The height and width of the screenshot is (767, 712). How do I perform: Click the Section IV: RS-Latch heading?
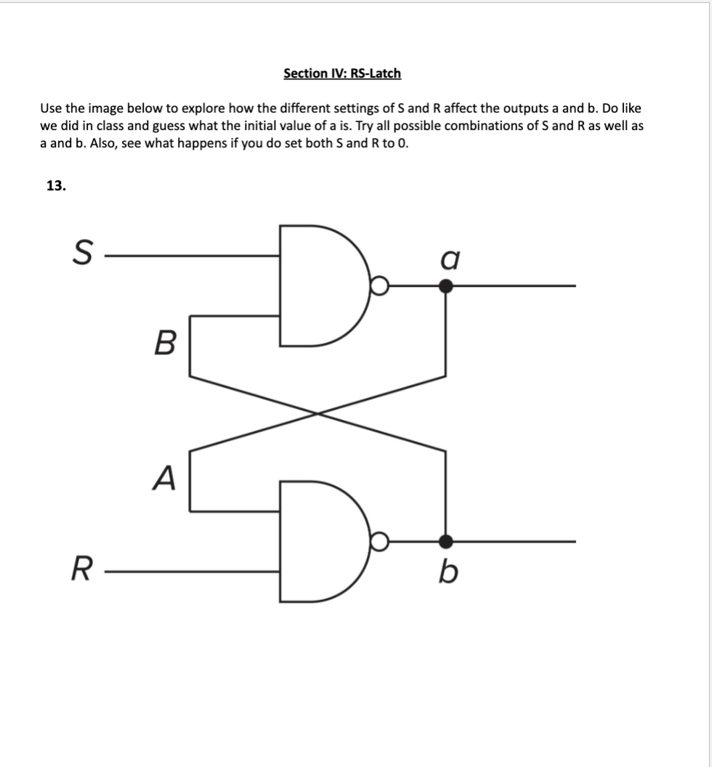coord(341,73)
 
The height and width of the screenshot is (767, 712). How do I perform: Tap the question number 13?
coord(56,186)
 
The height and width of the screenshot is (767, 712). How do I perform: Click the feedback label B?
coord(165,341)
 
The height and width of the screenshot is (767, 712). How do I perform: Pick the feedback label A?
coord(165,478)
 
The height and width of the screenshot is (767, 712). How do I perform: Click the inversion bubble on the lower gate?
coord(379,542)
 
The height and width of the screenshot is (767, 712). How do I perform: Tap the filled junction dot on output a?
coord(447,286)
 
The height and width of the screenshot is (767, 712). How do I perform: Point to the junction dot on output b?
coord(447,542)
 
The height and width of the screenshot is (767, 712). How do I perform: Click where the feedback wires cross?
coord(317,413)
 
